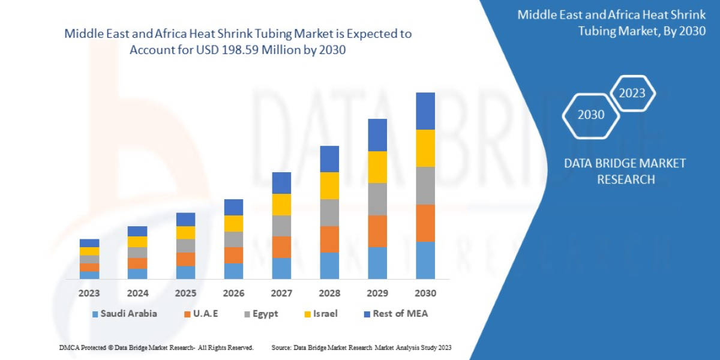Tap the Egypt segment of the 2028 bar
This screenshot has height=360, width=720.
(329, 212)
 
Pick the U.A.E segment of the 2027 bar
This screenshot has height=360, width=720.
(281, 247)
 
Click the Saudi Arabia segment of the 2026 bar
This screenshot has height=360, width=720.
(233, 271)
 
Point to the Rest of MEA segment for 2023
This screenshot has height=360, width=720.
(89, 243)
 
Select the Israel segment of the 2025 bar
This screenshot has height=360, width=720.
(185, 233)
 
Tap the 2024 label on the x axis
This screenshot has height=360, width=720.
(137, 293)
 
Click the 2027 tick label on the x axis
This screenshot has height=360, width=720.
(281, 293)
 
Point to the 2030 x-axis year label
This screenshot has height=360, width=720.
(425, 293)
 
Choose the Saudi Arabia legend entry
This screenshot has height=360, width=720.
(124, 314)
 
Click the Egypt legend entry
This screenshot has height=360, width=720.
(260, 314)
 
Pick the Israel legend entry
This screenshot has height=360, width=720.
(320, 314)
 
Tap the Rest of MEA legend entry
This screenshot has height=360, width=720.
(395, 314)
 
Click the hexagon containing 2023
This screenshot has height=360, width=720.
(632, 93)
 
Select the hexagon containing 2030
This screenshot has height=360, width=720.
(590, 115)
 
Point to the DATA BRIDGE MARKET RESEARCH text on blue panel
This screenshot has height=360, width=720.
(625, 171)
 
